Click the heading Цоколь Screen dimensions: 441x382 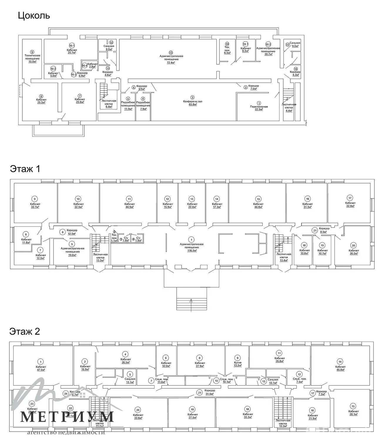coord(34,15)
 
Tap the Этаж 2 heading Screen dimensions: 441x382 coord(25,331)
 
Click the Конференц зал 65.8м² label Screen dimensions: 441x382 coord(192,103)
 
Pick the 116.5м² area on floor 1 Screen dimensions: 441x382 coord(192,250)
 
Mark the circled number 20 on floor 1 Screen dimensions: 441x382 coord(353,245)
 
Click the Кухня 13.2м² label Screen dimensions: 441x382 coord(238,365)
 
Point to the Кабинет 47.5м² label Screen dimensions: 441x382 coord(41,368)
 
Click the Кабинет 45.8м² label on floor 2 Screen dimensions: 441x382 coord(340,368)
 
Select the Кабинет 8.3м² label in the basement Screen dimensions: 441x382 coord(246,49)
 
